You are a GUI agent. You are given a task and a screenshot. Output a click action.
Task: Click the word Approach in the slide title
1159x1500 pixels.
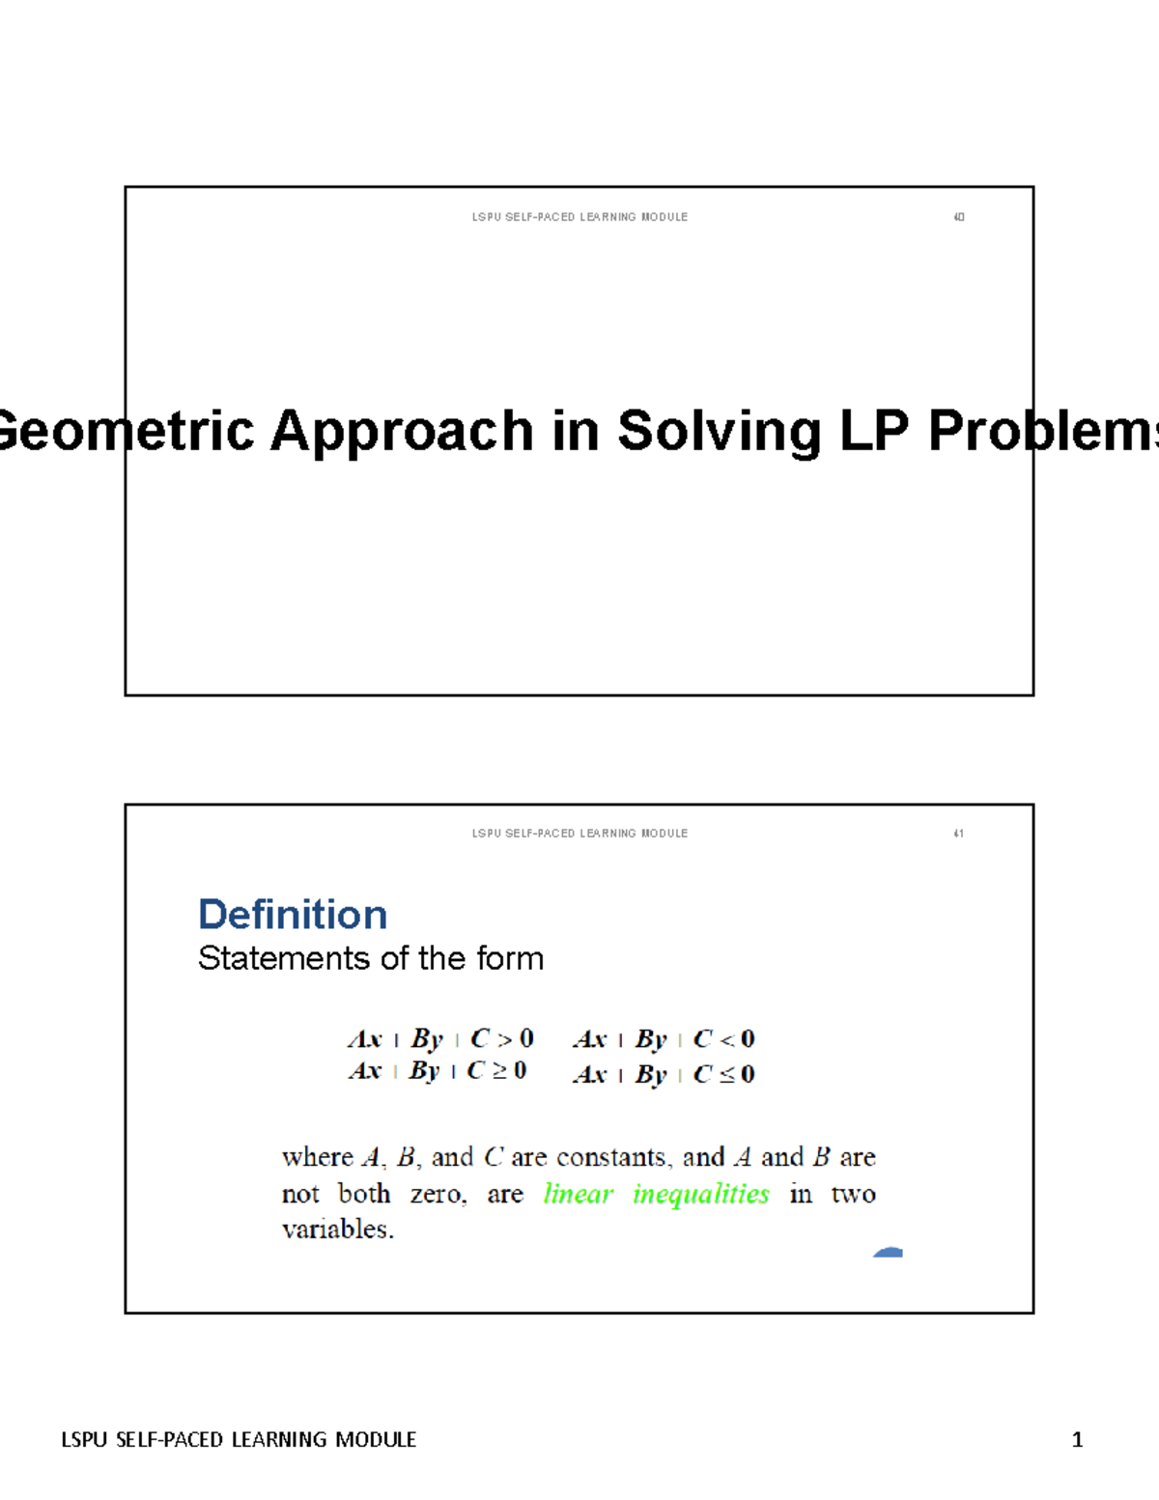[x=401, y=431]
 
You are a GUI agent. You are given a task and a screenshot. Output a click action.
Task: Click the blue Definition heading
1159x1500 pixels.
[x=293, y=914]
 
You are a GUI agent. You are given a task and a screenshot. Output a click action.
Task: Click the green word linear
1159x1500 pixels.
[x=578, y=1195]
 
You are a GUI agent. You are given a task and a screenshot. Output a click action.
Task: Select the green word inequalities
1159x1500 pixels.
[x=700, y=1195]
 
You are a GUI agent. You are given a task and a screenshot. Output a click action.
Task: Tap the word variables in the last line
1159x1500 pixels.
[x=337, y=1230]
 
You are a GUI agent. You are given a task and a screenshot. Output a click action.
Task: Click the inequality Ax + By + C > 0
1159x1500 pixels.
[x=440, y=1039]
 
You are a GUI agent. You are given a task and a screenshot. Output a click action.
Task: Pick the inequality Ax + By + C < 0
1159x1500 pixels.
[x=664, y=1039]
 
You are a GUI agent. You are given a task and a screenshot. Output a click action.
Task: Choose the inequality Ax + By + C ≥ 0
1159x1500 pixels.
[x=438, y=1071]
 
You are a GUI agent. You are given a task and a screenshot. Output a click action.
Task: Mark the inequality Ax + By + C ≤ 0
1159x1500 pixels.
[x=664, y=1075]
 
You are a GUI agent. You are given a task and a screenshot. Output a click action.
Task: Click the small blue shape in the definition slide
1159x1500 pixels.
[x=888, y=1253]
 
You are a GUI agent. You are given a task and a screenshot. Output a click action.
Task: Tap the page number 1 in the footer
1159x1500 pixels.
[x=1077, y=1440]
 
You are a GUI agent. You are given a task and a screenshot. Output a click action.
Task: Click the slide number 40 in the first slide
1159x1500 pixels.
[x=958, y=217]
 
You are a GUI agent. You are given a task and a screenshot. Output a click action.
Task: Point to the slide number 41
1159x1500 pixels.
[x=958, y=834]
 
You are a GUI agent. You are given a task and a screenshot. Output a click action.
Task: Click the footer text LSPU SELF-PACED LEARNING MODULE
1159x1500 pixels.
[x=239, y=1440]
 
